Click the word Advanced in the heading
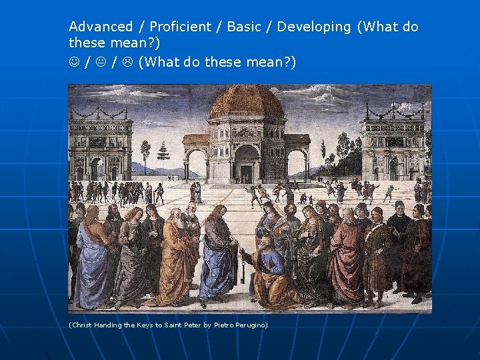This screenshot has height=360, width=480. point(101,27)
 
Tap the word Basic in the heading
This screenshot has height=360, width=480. point(244,27)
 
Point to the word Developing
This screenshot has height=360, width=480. point(313,27)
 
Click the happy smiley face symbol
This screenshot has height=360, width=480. point(74,63)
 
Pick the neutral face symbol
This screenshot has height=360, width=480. point(101,63)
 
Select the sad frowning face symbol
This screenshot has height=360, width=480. point(127,63)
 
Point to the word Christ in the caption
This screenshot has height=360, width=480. point(82,325)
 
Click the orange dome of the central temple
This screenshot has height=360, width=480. point(247,102)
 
